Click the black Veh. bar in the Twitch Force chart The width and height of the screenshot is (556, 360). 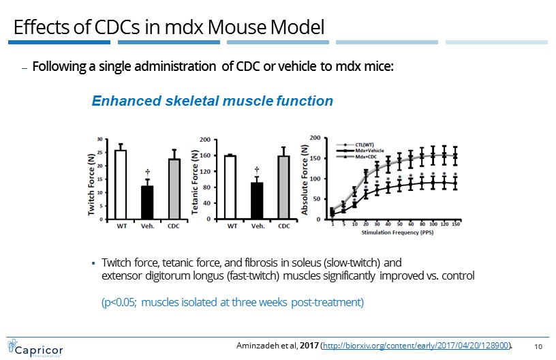point(147,202)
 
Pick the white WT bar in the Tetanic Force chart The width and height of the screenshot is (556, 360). point(230,187)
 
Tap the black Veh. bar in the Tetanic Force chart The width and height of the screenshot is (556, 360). point(257,201)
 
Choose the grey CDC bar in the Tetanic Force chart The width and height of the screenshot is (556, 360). point(283,187)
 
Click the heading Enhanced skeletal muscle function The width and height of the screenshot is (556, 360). point(212,101)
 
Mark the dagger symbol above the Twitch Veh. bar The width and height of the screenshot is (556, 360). point(147,172)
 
